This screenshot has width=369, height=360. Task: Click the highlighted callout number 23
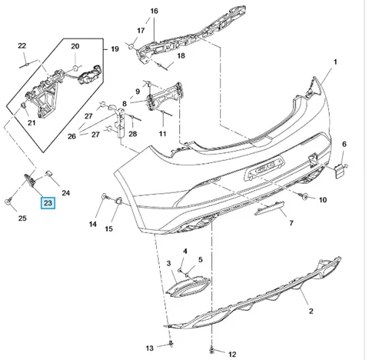click(48, 203)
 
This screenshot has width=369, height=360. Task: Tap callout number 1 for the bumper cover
click(335, 62)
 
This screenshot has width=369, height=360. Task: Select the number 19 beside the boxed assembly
click(115, 48)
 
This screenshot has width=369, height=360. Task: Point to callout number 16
click(154, 11)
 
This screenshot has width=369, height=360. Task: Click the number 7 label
click(291, 223)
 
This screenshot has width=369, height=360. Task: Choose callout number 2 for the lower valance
click(311, 311)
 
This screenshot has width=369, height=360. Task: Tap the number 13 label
click(150, 348)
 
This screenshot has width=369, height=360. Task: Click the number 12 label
click(232, 354)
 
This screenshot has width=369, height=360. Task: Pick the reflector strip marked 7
click(269, 208)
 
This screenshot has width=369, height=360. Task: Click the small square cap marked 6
click(340, 170)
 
